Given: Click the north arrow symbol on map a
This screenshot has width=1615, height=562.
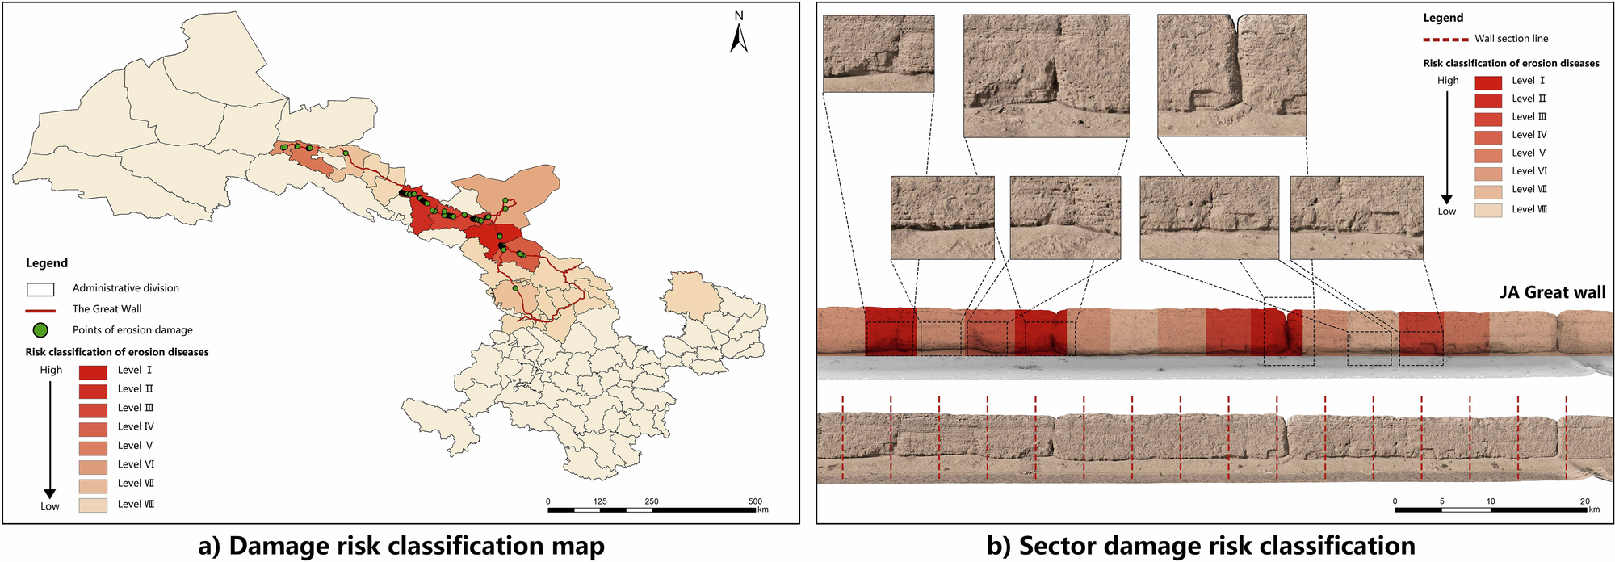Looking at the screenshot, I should pos(738,36).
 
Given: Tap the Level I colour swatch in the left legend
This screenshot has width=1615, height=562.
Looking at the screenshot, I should pos(93,371).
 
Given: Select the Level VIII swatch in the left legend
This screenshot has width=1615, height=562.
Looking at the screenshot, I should pos(93,505).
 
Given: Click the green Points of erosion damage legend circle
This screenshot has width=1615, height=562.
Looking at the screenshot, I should pos(40,330).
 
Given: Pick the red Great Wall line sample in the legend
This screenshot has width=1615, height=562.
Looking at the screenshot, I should pos(40,310).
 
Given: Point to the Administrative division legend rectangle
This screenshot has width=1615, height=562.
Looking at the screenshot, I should pos(40,289).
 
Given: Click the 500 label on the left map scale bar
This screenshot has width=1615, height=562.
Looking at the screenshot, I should pos(755,501).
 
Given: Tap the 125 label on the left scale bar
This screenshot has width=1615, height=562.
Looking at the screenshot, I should pos(600,501).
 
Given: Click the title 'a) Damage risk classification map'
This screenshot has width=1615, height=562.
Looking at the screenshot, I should pos(401,546).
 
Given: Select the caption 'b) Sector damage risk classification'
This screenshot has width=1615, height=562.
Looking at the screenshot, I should pos(1201,546).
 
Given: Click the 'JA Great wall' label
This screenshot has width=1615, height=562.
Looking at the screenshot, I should pos(1552,292).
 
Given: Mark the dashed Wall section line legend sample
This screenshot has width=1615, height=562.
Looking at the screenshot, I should pos(1445,39).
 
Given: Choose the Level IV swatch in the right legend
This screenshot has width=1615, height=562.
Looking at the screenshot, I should pos(1488,136).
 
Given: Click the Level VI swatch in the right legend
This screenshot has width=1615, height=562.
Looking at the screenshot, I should pos(1488,173).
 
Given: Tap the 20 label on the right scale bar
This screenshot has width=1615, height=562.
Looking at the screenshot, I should pos(1584,501).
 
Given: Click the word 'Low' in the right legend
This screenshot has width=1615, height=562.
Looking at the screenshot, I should pos(1446,212).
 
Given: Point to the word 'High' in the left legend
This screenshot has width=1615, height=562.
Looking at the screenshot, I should pos(51,370).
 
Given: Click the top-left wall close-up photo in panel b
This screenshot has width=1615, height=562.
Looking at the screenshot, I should pos(879,53).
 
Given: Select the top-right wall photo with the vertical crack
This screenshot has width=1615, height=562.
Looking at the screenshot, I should pos(1231,76).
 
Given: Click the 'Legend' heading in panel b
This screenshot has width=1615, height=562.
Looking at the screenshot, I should pos(1443,18).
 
